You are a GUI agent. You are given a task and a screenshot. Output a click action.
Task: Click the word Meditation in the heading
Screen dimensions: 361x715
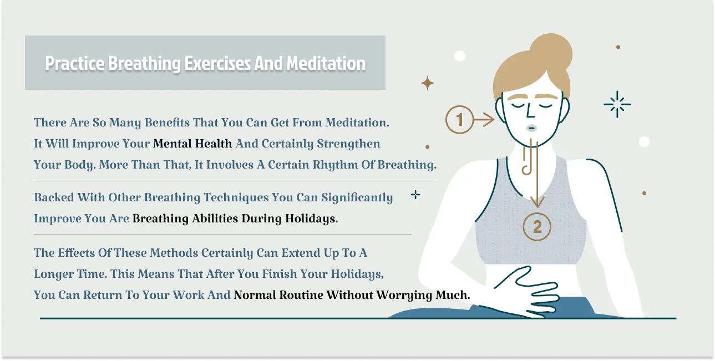point(326,63)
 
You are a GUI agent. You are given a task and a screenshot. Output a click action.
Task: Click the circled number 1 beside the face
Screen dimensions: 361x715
point(460,119)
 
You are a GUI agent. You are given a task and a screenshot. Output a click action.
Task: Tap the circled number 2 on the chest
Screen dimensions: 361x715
point(536,227)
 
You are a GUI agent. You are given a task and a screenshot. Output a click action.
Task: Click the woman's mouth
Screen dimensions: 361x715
point(531,128)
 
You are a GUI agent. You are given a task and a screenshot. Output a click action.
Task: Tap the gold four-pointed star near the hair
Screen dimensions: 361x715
point(427,84)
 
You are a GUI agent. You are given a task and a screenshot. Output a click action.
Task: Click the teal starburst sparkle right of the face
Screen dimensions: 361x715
point(617,104)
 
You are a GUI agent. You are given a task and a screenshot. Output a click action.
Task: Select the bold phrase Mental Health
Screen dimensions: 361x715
point(192,144)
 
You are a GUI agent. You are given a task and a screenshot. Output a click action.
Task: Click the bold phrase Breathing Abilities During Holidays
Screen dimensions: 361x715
point(234,218)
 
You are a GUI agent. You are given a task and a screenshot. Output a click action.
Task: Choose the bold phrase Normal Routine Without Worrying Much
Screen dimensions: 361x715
point(352,295)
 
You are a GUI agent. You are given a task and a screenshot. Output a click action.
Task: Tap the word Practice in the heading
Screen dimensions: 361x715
point(74,63)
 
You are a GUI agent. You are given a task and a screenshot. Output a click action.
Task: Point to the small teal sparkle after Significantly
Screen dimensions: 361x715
point(415,195)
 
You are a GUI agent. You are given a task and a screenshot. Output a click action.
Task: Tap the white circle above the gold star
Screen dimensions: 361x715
point(459,55)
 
